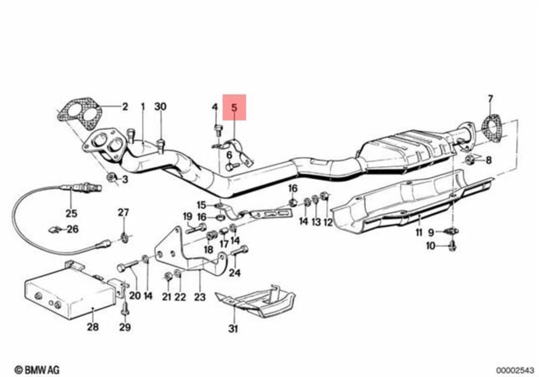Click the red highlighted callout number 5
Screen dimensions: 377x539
click(x=235, y=107)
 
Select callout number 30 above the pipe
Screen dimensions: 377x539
click(x=161, y=107)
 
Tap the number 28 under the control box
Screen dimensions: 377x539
click(x=92, y=327)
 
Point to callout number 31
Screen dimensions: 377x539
click(x=233, y=329)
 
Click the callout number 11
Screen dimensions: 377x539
click(x=419, y=233)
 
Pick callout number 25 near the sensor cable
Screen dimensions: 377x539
click(x=71, y=213)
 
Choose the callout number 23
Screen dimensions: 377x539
click(x=200, y=297)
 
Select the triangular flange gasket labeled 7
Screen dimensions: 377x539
click(x=492, y=128)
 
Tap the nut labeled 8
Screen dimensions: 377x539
click(x=471, y=160)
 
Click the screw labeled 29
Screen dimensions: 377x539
click(x=125, y=309)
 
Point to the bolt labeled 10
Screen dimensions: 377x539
click(x=453, y=245)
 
